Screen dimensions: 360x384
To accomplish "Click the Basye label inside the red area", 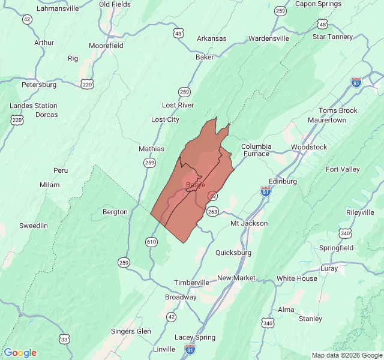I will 196,185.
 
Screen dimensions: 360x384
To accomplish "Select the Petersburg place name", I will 39,85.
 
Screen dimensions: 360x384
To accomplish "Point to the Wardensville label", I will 269,38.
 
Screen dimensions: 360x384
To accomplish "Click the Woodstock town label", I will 309,147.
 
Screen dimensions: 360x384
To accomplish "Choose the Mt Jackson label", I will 249,223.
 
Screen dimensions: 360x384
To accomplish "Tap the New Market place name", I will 236,278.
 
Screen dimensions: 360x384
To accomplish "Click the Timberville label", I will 192,283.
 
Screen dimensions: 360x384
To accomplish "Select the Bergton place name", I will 115,212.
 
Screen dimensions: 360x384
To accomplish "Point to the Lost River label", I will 178,105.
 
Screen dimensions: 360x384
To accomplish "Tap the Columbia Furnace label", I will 256,150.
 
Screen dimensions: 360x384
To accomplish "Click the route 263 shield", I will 212,211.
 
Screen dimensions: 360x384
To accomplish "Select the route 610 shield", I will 151,241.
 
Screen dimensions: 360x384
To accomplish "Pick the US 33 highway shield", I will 64,339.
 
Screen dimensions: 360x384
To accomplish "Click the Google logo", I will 20,353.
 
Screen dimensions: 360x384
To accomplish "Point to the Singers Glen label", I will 131,331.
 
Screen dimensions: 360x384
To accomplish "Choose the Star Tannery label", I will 332,37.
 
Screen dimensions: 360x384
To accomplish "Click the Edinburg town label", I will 283,181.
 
